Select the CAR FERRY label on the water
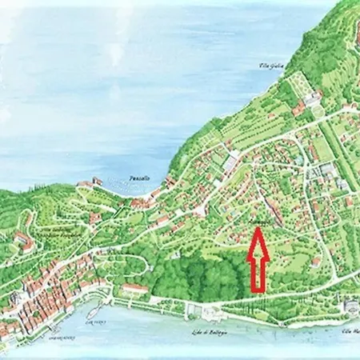click(94, 318)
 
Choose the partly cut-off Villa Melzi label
click(351, 330)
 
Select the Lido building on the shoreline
click(210, 313)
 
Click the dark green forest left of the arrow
click(200, 276)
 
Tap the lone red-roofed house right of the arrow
click(316, 261)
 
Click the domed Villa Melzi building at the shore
click(350, 308)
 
